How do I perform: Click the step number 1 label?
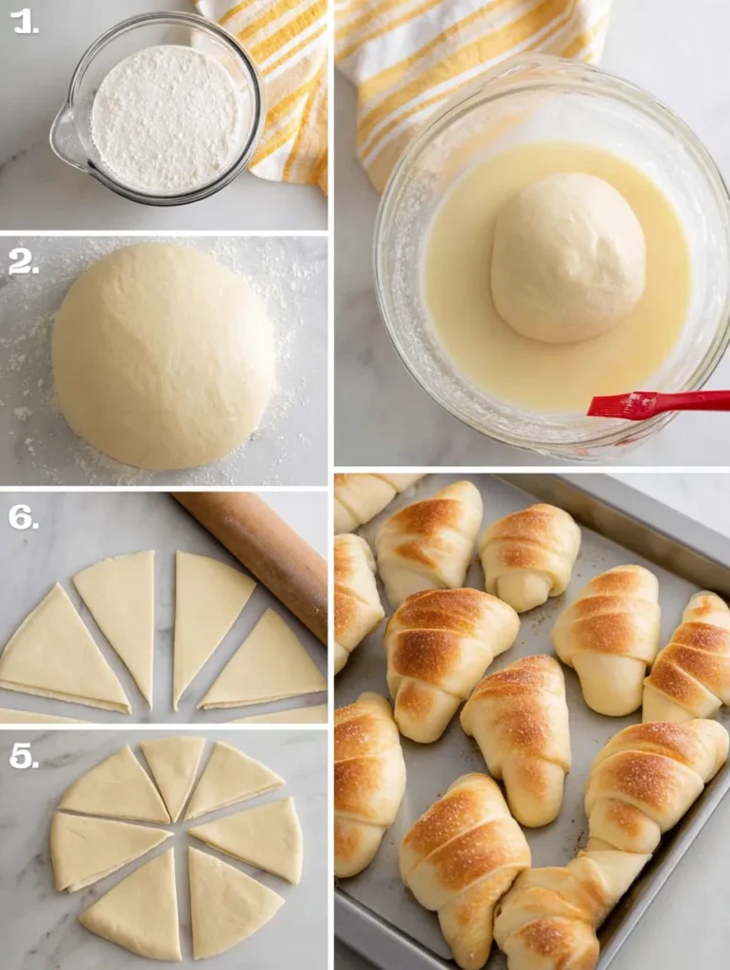[x=24, y=21]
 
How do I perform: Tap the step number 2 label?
[x=24, y=260]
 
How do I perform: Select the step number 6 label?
[x=24, y=516]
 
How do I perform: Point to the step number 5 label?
[x=24, y=755]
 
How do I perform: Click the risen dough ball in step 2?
[x=163, y=355]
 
